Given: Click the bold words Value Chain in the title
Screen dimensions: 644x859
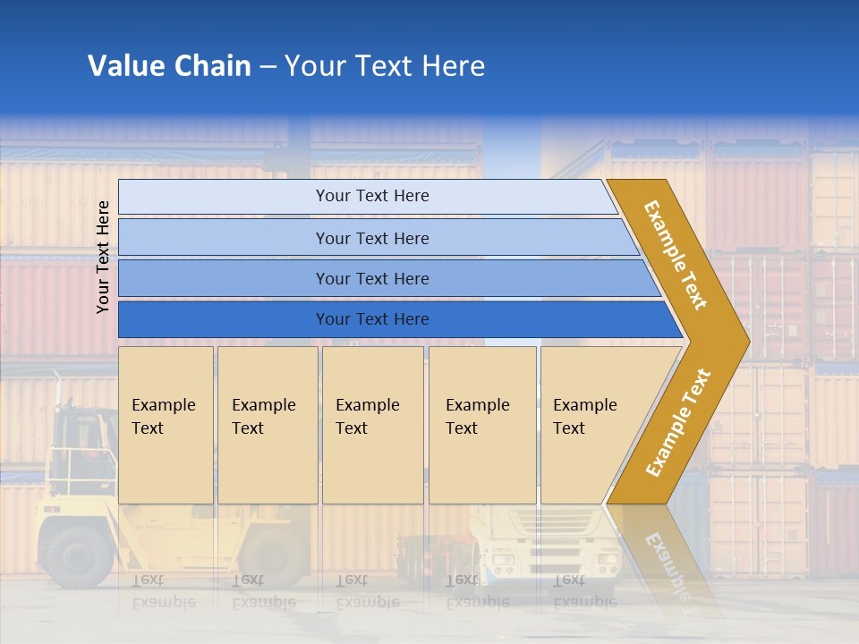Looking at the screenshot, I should pos(169,66).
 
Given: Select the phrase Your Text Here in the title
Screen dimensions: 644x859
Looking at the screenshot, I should pos(385,66).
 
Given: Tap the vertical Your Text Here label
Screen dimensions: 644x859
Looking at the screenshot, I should pos(103,257).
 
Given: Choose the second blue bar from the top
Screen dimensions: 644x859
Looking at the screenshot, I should pos(371,238).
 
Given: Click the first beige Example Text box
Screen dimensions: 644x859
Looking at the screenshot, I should pos(166,424).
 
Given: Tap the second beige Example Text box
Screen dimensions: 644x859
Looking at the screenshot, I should pos(267,424).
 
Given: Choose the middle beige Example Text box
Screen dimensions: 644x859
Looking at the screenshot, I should pos(372,424).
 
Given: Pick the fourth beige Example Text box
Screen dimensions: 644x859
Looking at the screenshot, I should pos(482,424).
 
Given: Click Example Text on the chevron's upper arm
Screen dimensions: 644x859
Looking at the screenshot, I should pos(676,255).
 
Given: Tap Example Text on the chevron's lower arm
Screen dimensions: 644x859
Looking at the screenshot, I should pos(678,423).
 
